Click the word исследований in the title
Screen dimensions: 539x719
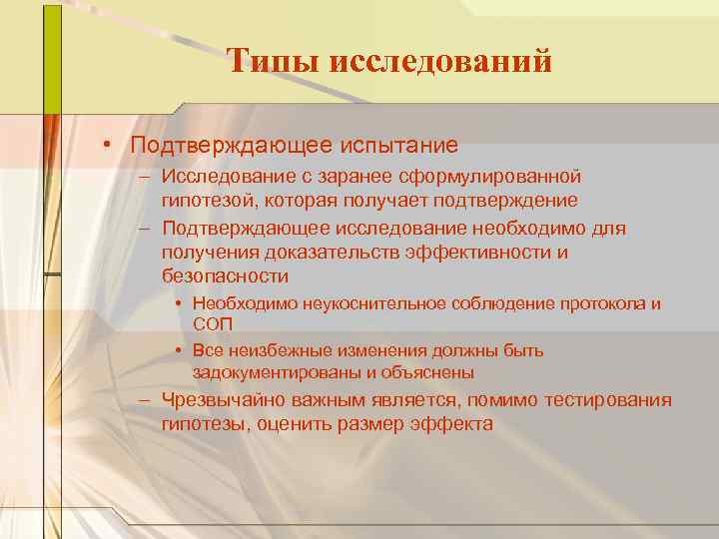click(439, 62)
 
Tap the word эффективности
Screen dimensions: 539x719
click(478, 253)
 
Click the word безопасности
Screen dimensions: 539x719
click(225, 276)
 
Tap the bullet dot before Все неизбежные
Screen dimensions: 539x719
click(176, 350)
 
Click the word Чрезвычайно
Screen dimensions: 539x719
click(229, 400)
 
